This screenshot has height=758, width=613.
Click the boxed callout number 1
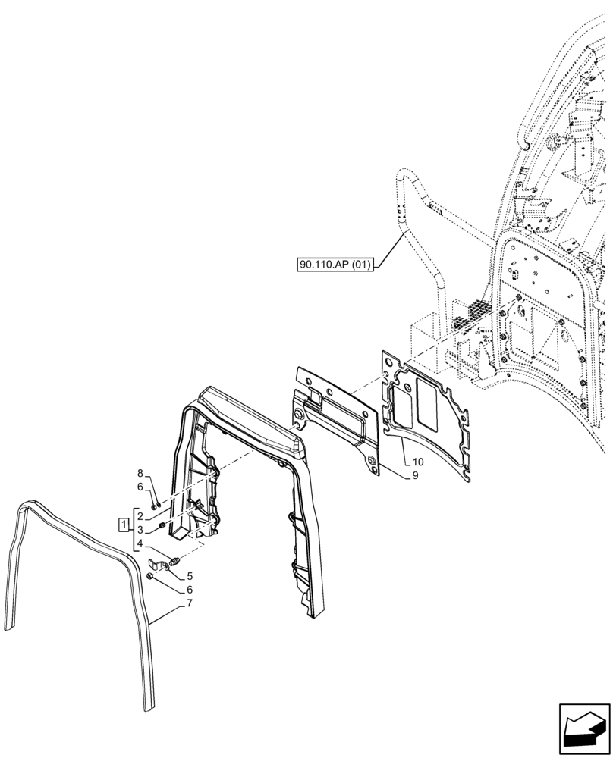[122, 523]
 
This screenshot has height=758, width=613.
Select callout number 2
[140, 515]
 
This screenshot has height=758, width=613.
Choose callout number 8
[140, 474]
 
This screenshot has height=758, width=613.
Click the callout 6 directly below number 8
[140, 487]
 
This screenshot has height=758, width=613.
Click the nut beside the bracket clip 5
[151, 578]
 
